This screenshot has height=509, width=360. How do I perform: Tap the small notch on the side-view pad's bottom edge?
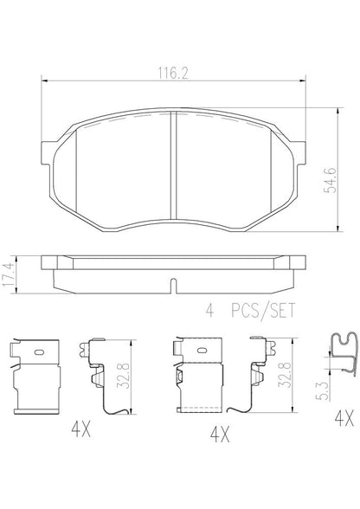(173, 287)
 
